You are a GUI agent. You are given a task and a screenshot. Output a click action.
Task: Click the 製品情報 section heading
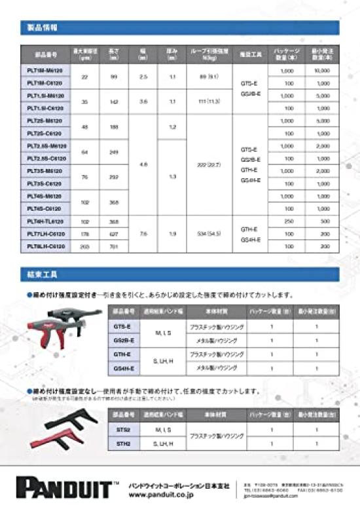[45, 28]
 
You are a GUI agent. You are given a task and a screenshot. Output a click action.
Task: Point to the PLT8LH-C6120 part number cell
[45, 246]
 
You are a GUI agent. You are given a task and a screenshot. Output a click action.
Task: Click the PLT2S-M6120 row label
[45, 121]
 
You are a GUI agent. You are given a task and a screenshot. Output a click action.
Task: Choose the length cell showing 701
[113, 246]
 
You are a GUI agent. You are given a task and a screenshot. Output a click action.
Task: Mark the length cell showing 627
[113, 234]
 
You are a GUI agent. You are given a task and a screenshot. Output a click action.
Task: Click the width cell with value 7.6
[143, 234]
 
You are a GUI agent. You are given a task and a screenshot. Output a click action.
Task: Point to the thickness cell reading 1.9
[172, 234]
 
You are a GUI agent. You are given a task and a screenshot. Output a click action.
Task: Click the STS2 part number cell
[122, 430]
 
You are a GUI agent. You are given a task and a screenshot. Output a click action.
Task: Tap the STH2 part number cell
[122, 443]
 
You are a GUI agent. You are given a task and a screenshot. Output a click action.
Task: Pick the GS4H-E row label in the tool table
[124, 369]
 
